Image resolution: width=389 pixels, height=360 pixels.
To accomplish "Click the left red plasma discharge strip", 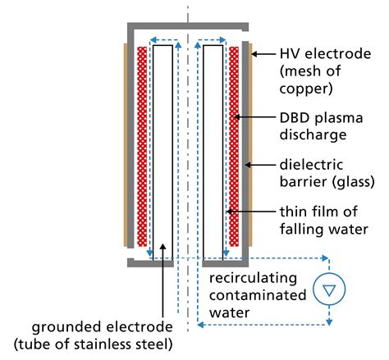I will [143, 148].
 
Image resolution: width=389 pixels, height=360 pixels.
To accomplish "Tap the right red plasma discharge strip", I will [235, 148].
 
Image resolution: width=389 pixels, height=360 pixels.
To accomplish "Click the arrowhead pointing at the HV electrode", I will [254, 54].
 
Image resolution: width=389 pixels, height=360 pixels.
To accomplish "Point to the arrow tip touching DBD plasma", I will [236, 116].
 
